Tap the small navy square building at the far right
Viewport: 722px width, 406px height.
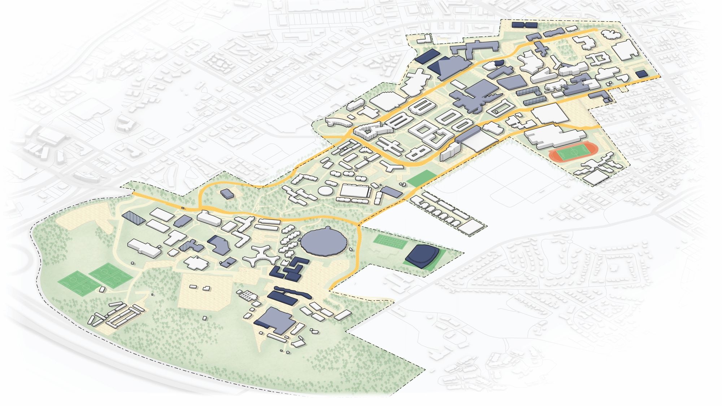(641, 74)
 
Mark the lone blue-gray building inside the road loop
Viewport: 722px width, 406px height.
(227, 194)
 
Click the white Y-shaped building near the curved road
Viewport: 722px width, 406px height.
(391, 166)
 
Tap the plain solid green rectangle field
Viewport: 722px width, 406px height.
(421, 178)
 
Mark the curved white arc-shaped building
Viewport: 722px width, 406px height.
(338, 122)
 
